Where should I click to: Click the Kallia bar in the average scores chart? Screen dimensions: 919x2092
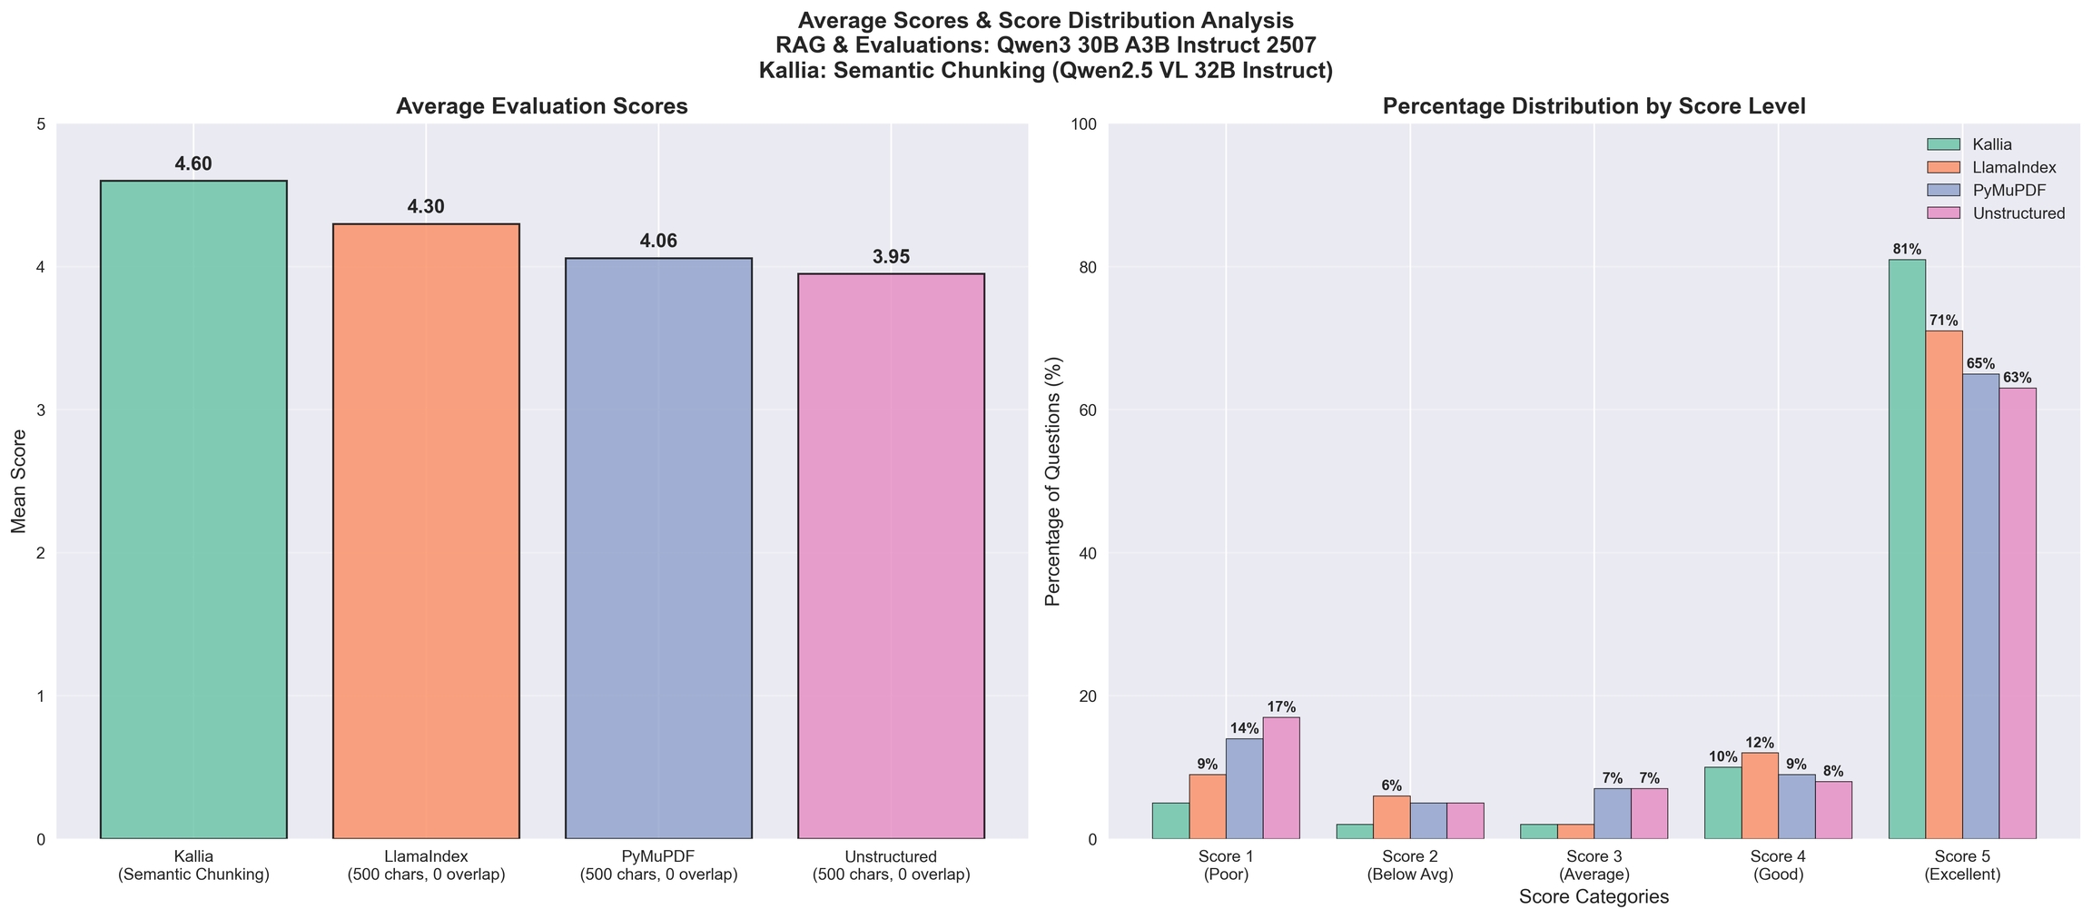[193, 509]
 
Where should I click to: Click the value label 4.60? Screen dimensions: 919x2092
[193, 164]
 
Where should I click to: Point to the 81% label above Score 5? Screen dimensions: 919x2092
[1907, 249]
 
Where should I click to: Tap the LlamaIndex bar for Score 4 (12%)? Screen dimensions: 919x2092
[1760, 795]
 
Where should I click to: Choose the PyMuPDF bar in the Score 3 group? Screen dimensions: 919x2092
[1613, 814]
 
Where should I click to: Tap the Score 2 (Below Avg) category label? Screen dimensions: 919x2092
[1410, 865]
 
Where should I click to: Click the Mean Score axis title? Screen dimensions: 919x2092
[19, 481]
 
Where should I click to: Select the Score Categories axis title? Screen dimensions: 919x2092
[1594, 897]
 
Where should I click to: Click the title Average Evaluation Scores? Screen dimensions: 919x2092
[542, 106]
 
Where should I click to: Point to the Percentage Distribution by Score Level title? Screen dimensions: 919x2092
[1594, 106]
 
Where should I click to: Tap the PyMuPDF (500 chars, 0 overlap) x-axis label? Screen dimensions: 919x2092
[658, 865]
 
